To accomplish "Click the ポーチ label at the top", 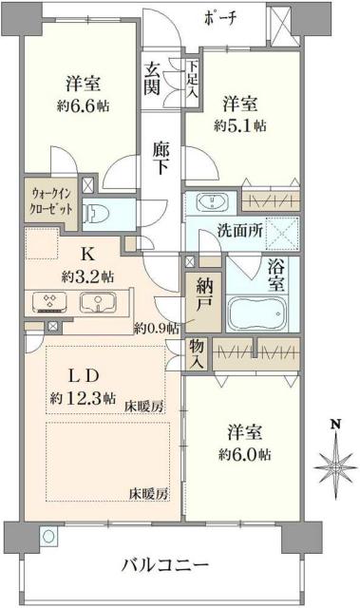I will click(x=223, y=17).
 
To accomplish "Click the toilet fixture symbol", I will click(x=96, y=210).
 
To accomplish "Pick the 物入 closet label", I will click(x=196, y=353).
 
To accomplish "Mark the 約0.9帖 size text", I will click(x=154, y=329).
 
